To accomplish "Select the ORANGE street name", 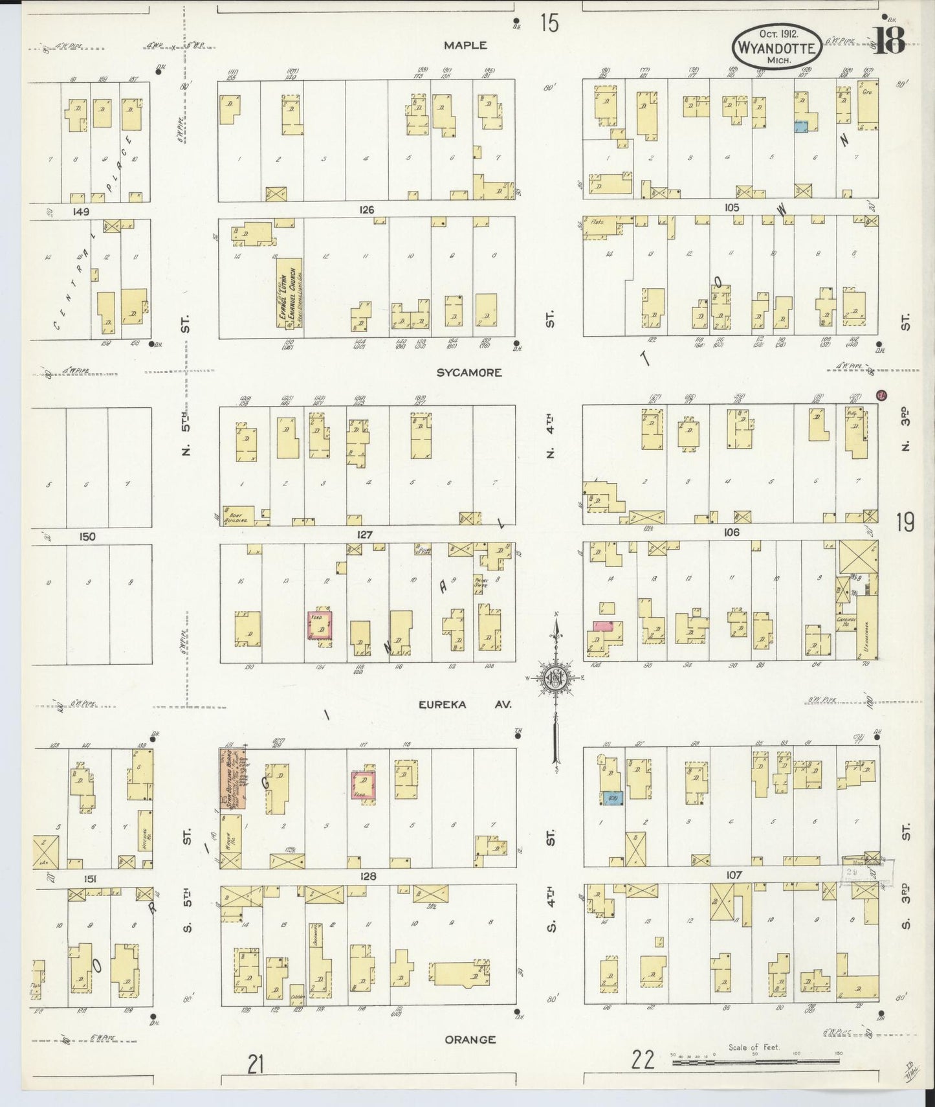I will click(x=470, y=1040).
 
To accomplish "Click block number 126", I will click(x=367, y=210).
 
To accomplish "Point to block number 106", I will click(x=731, y=532).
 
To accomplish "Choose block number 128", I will click(x=368, y=876).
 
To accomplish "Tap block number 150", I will click(x=87, y=536).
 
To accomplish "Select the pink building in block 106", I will click(x=603, y=626).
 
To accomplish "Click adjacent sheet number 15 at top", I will click(x=549, y=24).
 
